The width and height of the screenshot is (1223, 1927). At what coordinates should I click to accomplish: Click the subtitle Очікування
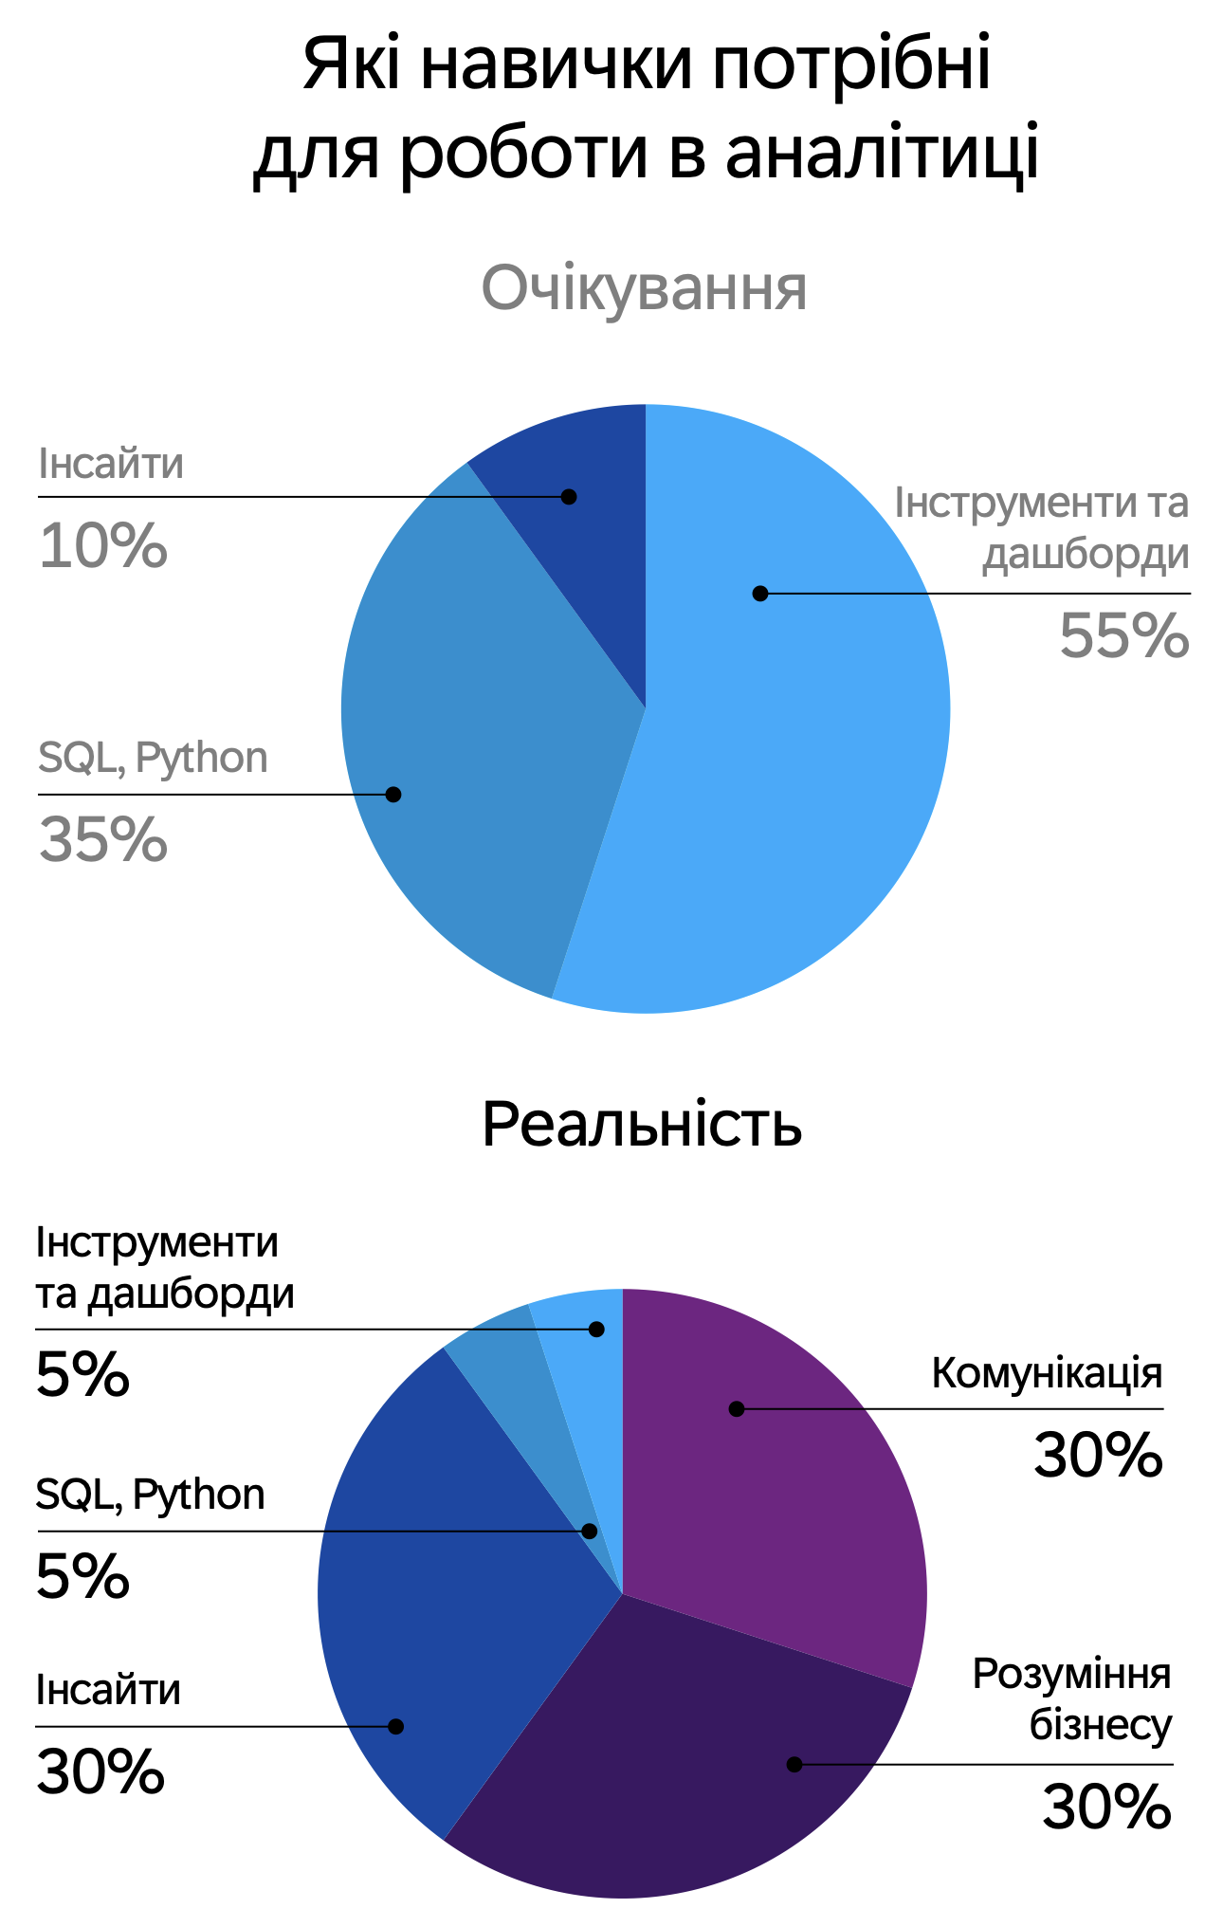click(644, 288)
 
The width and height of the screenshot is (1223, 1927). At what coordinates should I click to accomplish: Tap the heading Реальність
click(642, 1125)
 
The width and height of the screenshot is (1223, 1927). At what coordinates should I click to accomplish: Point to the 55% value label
click(1123, 635)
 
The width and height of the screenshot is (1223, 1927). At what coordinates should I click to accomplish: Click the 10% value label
click(103, 546)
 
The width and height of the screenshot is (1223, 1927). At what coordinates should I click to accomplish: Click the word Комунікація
click(1047, 1373)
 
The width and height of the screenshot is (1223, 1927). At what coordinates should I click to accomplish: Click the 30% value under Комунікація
click(1098, 1456)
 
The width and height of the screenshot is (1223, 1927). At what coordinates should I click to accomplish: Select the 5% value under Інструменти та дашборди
click(82, 1375)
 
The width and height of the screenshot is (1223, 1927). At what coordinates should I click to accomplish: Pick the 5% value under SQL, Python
click(82, 1577)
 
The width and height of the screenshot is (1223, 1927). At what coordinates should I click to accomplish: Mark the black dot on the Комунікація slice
click(737, 1409)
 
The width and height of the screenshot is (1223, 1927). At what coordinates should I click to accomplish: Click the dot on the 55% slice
click(759, 594)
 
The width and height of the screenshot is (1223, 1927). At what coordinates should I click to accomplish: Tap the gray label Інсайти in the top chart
click(111, 465)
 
